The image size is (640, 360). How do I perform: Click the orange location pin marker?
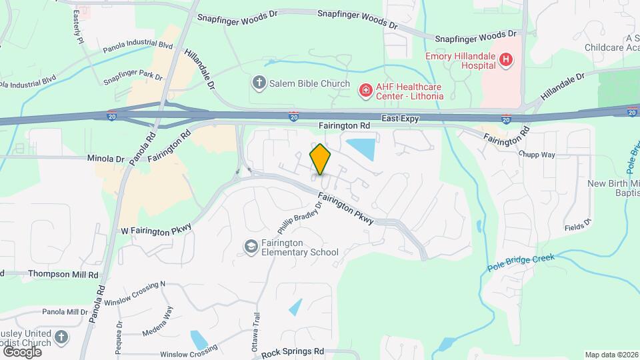pyautogui.click(x=321, y=159)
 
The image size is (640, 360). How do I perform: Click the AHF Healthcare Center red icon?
pyautogui.click(x=365, y=90)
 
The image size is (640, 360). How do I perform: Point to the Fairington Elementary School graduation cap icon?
pyautogui.click(x=251, y=247)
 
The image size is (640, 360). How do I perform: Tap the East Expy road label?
pyautogui.click(x=400, y=119)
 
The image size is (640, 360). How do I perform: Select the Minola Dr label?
pyautogui.click(x=106, y=159)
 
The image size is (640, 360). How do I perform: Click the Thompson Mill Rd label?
pyautogui.click(x=41, y=273)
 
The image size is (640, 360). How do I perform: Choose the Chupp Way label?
pyautogui.click(x=537, y=155)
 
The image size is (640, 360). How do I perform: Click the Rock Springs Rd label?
pyautogui.click(x=293, y=351)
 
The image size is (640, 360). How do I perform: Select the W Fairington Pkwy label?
pyautogui.click(x=156, y=229)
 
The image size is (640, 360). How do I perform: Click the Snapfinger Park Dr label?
pyautogui.click(x=133, y=78)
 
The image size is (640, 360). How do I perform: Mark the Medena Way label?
pyautogui.click(x=169, y=319)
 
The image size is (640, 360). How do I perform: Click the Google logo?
pyautogui.click(x=22, y=351)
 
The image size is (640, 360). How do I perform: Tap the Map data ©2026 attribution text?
pyautogui.click(x=611, y=355)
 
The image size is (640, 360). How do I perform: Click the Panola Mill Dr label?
pyautogui.click(x=65, y=311)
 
